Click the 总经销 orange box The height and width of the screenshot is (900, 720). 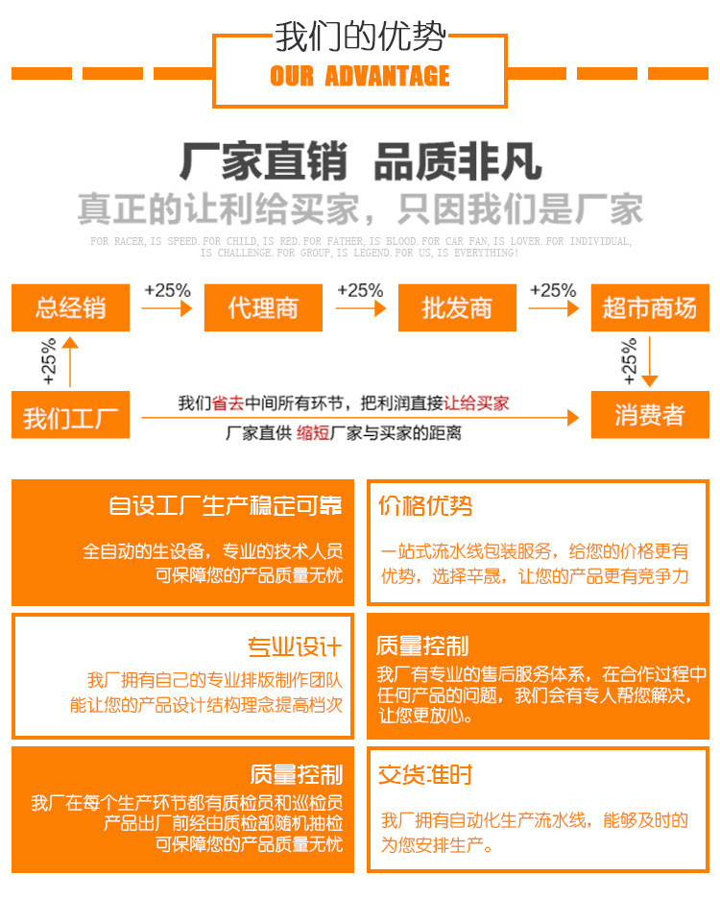70,307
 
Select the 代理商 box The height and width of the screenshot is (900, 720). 263,307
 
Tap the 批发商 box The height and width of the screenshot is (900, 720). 457,307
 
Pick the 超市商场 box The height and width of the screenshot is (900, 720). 649,307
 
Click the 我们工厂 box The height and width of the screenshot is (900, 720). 70,418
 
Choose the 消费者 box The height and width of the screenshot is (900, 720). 649,415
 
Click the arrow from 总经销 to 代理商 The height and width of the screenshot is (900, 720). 167,308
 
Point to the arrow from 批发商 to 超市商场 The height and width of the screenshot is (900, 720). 554,308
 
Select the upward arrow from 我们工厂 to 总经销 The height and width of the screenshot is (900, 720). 69,363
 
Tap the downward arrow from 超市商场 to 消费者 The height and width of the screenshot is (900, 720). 650,363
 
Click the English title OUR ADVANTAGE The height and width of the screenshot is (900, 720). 360,76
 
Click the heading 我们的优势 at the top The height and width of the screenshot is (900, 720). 360,37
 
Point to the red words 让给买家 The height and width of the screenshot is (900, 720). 477,403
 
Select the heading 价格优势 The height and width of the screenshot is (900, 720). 425,506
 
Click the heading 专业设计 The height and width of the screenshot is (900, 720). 295,645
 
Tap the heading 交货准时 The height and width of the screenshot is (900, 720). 425,775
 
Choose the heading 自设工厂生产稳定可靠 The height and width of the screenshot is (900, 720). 225,506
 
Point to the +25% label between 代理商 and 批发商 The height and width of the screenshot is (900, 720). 360,290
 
